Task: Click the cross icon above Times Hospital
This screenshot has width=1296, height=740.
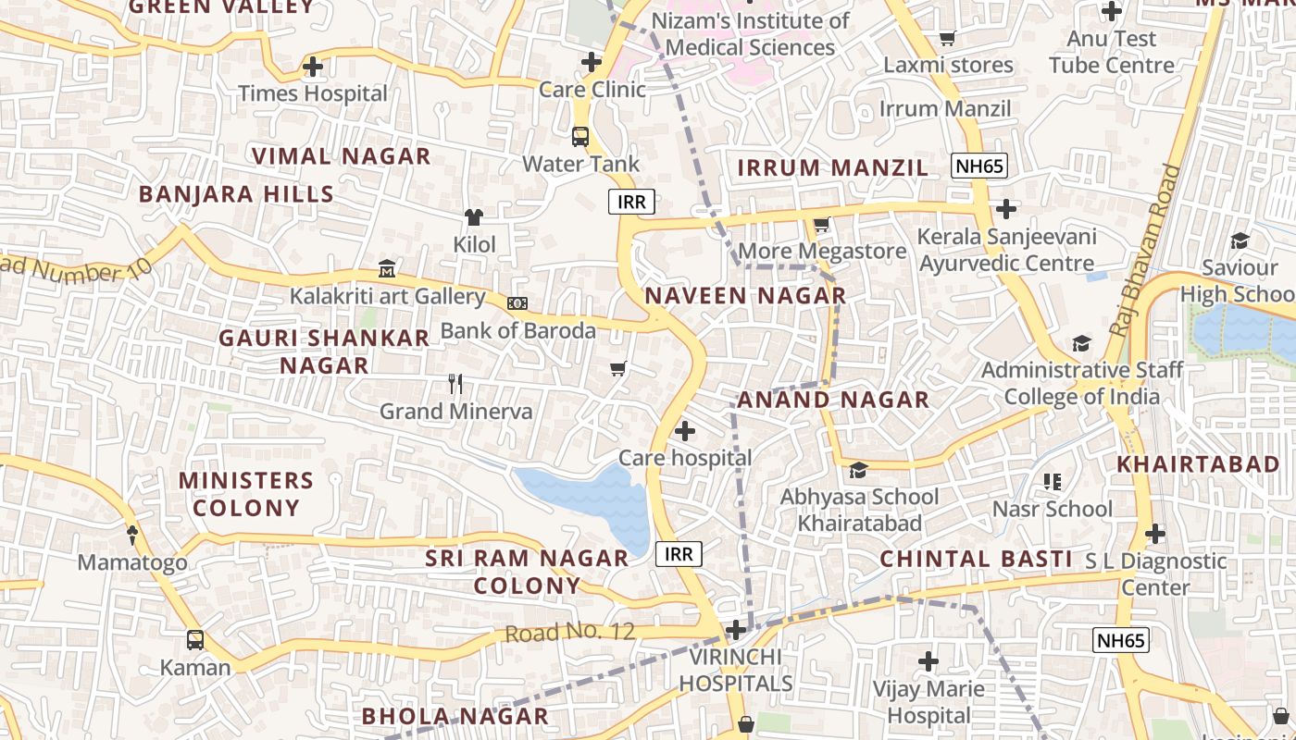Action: [x=313, y=67]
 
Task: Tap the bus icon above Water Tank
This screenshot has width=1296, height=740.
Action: [x=580, y=137]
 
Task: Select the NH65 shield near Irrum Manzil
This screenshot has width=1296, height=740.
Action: [x=979, y=166]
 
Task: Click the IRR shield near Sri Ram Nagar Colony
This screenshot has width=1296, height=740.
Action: [x=679, y=554]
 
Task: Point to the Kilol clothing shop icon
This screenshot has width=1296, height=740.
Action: [x=474, y=217]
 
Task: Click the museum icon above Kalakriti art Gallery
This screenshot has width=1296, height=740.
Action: [x=387, y=269]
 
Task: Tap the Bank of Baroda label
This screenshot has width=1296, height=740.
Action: [x=517, y=330]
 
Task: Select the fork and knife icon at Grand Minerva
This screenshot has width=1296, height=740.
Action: [x=455, y=384]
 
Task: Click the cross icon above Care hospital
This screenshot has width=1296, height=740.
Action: [x=685, y=431]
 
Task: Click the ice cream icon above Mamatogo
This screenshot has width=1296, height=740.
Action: [x=131, y=535]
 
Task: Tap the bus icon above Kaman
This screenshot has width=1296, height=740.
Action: [x=195, y=640]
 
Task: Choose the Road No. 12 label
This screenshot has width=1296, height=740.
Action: [x=570, y=633]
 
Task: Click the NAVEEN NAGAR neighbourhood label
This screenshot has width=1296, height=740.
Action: [x=745, y=296]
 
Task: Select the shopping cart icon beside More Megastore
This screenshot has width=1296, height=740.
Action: [x=821, y=225]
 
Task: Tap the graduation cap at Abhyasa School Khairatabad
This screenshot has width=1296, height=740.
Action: [x=858, y=470]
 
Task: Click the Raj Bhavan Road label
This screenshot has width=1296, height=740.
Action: [x=1146, y=250]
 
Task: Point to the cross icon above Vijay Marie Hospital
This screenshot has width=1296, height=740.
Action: [x=928, y=661]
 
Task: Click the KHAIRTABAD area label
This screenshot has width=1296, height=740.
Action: [x=1198, y=464]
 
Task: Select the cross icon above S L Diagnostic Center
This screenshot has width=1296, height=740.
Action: [x=1155, y=534]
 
